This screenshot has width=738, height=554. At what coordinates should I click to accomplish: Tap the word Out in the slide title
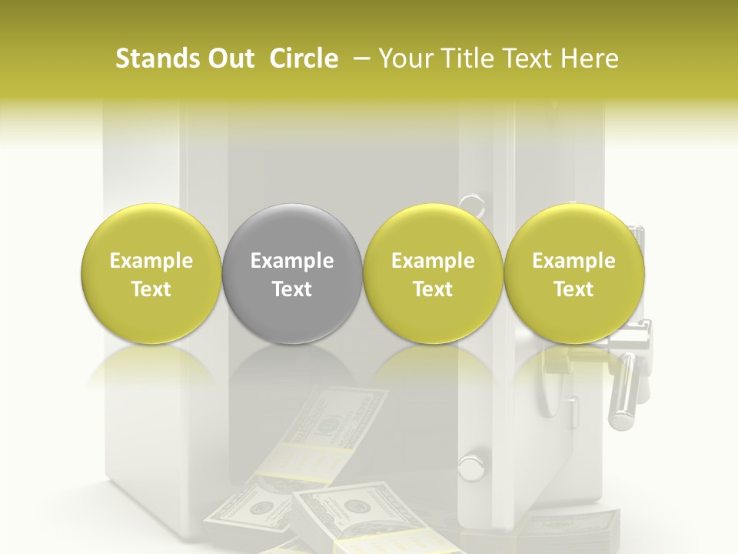(230, 58)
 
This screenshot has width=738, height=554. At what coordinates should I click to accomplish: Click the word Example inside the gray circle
(292, 261)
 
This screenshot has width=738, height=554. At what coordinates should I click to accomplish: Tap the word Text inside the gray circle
(292, 289)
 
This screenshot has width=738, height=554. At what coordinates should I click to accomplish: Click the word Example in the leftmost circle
(151, 261)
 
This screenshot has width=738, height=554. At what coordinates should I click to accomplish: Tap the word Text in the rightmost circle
(573, 289)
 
